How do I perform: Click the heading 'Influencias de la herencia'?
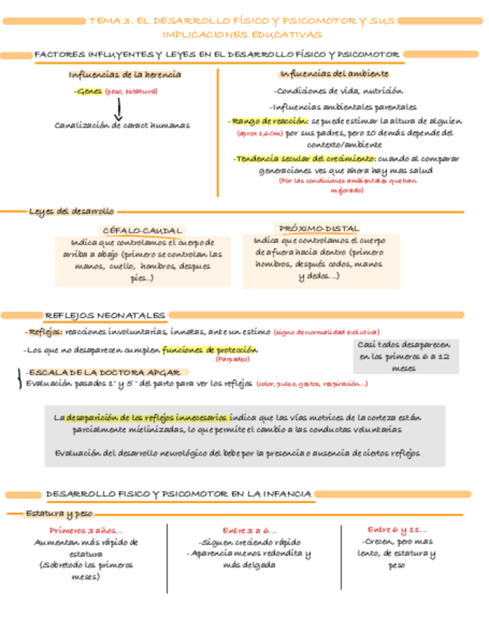coord(124,75)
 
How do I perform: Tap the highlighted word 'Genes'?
coord(89,92)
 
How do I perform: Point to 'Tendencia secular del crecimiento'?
coord(303,159)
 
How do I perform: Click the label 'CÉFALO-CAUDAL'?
coord(142,230)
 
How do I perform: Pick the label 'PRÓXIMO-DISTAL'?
coord(318,228)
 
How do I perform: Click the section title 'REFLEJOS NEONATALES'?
coord(105,316)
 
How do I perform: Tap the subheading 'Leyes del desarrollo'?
coord(72,211)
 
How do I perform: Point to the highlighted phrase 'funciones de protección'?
coord(209,350)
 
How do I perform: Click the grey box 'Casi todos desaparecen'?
coord(403,357)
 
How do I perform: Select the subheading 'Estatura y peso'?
coord(59,513)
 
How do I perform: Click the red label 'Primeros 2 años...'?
coord(86,530)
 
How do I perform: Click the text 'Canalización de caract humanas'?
coord(122,125)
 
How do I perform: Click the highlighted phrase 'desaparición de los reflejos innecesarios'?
coord(148,417)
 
